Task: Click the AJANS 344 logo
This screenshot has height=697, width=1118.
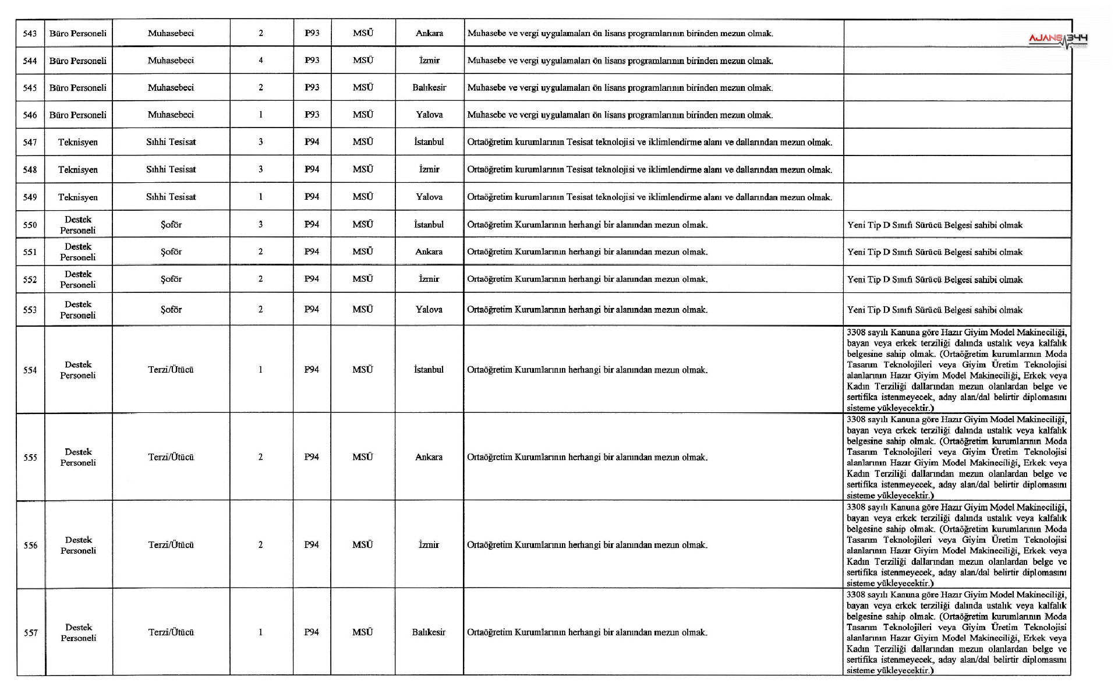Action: (x=1058, y=40)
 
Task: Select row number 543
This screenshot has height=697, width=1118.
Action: (x=30, y=34)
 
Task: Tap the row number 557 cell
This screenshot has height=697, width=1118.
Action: (x=30, y=633)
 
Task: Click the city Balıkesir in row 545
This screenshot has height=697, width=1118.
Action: (x=429, y=88)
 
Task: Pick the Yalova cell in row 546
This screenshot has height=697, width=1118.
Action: (x=429, y=115)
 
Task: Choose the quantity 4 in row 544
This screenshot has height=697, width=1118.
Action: (x=261, y=61)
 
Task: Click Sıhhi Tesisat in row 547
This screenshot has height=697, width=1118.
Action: (x=171, y=142)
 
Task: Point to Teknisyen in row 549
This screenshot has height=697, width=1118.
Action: (x=78, y=197)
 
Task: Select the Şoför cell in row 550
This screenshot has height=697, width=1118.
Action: (x=171, y=225)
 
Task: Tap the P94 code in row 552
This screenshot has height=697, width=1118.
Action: (x=312, y=279)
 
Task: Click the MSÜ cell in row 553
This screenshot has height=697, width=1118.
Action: (x=363, y=310)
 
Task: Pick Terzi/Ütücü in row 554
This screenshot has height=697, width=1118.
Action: (x=171, y=370)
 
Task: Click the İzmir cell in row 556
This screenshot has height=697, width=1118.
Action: (x=429, y=545)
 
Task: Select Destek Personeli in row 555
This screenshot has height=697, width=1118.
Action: (x=78, y=457)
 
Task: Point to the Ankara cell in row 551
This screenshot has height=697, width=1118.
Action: (x=429, y=252)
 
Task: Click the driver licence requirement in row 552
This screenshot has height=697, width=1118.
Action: (x=935, y=280)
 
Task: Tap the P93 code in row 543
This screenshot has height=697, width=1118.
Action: (x=312, y=33)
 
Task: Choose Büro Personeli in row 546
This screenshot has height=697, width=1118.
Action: (x=78, y=115)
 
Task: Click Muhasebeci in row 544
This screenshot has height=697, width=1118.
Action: (x=171, y=61)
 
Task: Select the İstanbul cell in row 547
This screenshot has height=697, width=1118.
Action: (x=429, y=142)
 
